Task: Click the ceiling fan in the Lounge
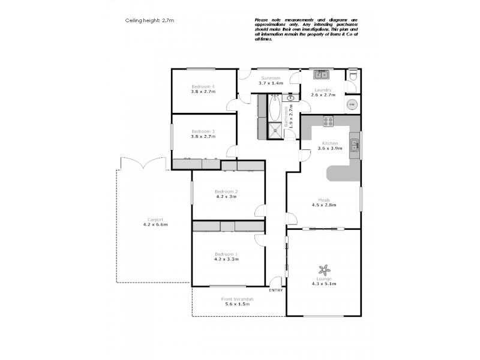click(324, 270)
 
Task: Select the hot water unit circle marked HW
click(352, 104)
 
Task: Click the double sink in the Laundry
click(322, 75)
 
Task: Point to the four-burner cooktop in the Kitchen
click(328, 121)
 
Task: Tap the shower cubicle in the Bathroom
click(276, 131)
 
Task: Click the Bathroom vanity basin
click(291, 97)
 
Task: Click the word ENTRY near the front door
click(276, 290)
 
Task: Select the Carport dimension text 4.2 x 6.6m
click(155, 224)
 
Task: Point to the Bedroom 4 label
click(203, 86)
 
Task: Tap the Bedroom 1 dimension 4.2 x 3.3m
click(226, 259)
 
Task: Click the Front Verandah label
click(237, 299)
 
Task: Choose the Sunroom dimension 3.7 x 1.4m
click(271, 83)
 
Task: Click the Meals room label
click(323, 200)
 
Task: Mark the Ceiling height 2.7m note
click(149, 20)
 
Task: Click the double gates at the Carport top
click(142, 163)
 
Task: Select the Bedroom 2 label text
click(226, 191)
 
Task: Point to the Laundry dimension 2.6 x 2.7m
click(323, 95)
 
